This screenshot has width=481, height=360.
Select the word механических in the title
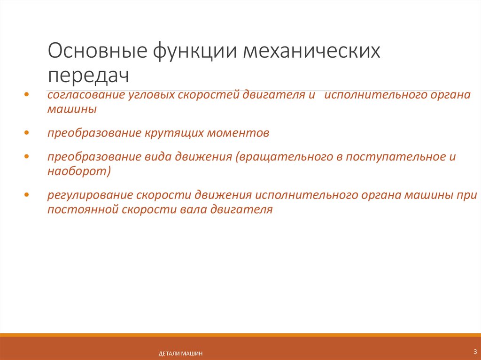(x=311, y=51)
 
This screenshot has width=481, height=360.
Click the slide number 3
(x=474, y=351)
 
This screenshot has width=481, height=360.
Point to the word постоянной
(x=82, y=209)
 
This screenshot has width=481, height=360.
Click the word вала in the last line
(x=191, y=209)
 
